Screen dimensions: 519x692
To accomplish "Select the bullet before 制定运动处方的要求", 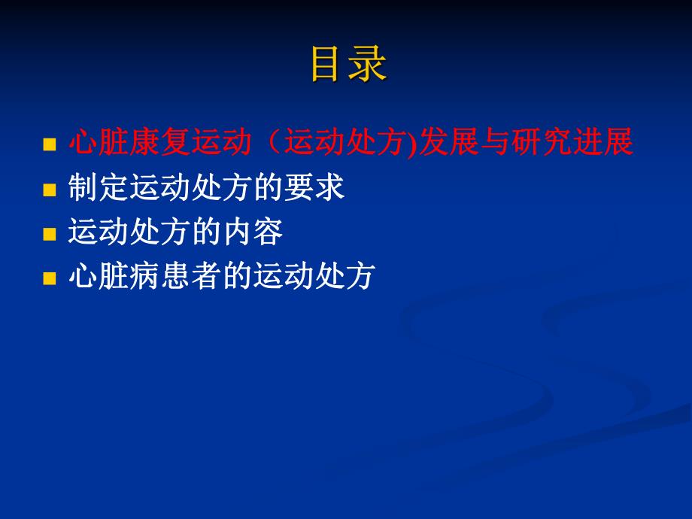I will (50, 190).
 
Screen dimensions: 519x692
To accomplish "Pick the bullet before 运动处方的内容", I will (50, 235).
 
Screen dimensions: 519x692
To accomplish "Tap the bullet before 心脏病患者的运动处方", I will (50, 279).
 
